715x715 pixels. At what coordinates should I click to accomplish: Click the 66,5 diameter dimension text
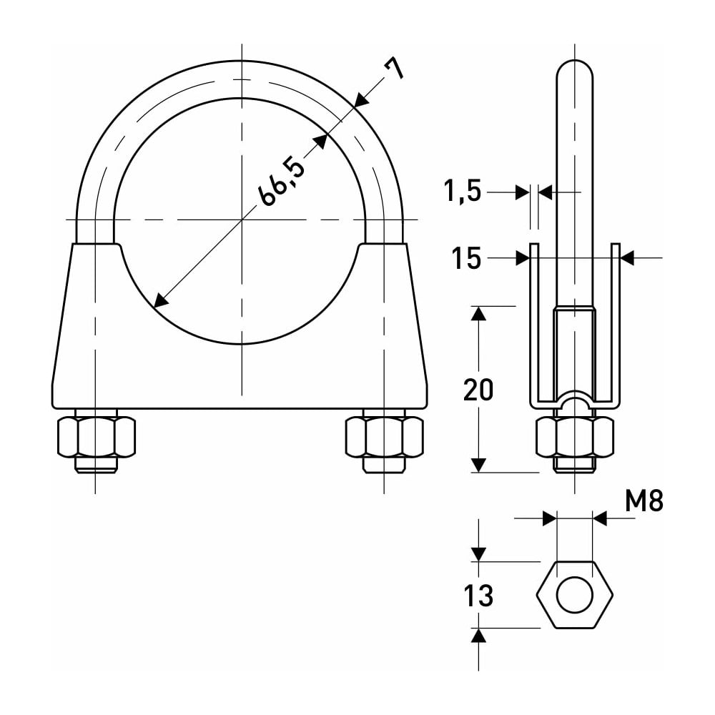[282, 181]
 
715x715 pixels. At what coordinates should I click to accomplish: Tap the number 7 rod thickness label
[393, 69]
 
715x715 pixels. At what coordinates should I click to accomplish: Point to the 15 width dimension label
[466, 258]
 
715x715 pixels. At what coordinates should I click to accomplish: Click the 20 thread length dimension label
[478, 390]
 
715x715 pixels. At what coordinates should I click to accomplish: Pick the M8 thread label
[644, 500]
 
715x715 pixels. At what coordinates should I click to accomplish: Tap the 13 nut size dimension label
[478, 596]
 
